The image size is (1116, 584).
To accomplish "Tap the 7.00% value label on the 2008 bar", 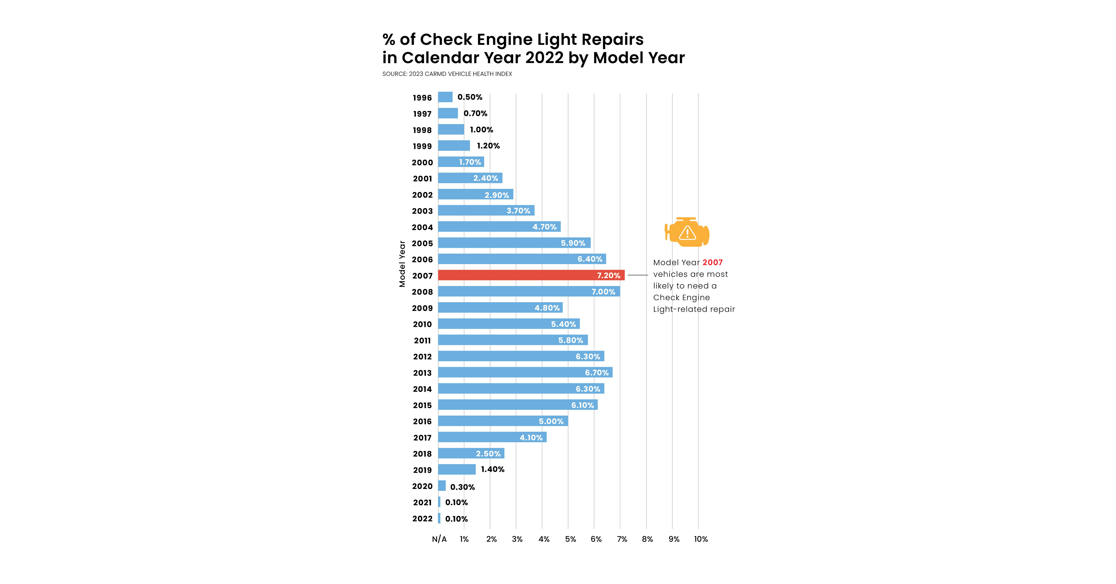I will pyautogui.click(x=603, y=292).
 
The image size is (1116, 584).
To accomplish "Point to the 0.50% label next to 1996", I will pyautogui.click(x=470, y=97).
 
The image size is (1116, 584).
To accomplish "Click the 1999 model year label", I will pyautogui.click(x=422, y=146).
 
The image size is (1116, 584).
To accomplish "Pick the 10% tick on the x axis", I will pyautogui.click(x=701, y=539).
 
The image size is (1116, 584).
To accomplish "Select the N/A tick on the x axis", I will pyautogui.click(x=439, y=539).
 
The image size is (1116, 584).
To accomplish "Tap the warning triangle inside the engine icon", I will pyautogui.click(x=687, y=233).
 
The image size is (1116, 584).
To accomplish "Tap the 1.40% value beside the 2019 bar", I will pyautogui.click(x=493, y=469).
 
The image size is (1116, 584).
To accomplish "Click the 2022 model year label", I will pyautogui.click(x=422, y=519).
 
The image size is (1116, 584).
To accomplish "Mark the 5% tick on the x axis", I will pyautogui.click(x=570, y=539).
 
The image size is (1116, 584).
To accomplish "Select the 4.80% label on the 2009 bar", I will pyautogui.click(x=547, y=308).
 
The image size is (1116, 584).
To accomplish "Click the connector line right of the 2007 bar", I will pyautogui.click(x=638, y=275).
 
